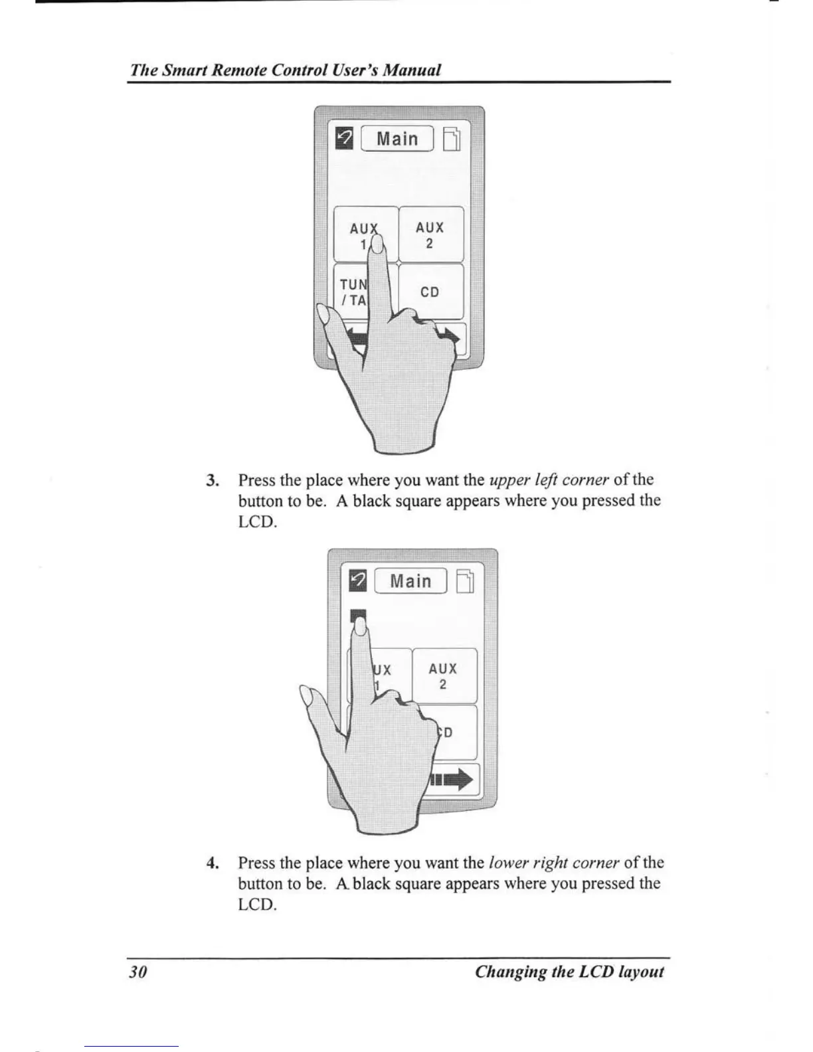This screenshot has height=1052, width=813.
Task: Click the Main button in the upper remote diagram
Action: (397, 139)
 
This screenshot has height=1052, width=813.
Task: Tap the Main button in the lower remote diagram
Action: (410, 581)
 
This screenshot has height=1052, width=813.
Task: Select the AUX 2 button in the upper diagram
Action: (430, 234)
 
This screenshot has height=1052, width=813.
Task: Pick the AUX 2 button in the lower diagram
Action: (444, 676)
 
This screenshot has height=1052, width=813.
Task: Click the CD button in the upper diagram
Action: (430, 292)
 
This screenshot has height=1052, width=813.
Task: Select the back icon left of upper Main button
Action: (345, 139)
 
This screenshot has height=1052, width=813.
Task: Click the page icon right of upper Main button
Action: (451, 140)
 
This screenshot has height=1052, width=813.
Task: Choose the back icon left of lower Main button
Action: (358, 580)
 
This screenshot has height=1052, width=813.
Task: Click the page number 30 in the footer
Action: (137, 972)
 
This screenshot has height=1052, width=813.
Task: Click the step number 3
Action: (212, 480)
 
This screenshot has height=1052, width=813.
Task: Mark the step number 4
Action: (212, 863)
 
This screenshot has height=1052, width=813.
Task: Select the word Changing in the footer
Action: (509, 972)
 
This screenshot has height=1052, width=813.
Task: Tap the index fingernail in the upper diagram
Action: (377, 246)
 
